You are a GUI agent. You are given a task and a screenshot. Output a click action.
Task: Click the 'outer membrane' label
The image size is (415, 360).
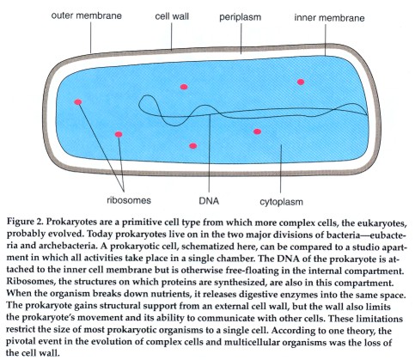[x=86, y=15]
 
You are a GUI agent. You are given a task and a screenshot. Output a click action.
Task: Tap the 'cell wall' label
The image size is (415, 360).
[x=172, y=16]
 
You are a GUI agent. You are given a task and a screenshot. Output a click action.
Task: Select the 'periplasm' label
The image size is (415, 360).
[x=241, y=17]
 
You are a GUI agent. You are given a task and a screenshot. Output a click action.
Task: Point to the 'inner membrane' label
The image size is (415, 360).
[x=329, y=18]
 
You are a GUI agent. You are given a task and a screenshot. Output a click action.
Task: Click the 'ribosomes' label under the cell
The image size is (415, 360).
[x=129, y=200]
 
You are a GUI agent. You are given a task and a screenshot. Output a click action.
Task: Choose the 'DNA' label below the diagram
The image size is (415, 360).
[x=209, y=201]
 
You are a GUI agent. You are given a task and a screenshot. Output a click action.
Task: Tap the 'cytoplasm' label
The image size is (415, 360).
[x=281, y=202]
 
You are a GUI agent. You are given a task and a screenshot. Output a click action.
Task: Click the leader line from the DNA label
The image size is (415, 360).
[x=210, y=153]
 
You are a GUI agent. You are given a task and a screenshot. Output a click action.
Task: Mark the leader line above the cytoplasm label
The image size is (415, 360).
[x=281, y=168]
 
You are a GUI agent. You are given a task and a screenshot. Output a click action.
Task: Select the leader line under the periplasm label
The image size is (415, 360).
[x=241, y=39]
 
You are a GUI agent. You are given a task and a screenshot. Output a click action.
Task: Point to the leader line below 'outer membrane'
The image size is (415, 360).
[x=91, y=37]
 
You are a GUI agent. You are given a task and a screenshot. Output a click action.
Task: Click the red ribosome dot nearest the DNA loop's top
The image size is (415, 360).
[x=184, y=87]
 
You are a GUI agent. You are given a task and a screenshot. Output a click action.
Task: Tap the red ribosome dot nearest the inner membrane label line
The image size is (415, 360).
[x=301, y=82]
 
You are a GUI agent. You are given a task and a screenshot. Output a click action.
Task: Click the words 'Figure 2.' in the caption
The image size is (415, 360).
[x=25, y=223]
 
